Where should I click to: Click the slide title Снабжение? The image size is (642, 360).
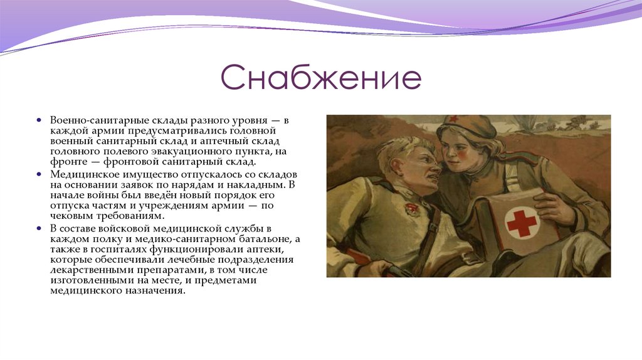tap(320, 80)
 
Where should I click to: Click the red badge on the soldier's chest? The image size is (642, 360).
tap(411, 209)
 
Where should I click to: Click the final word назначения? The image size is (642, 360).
tap(157, 291)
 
